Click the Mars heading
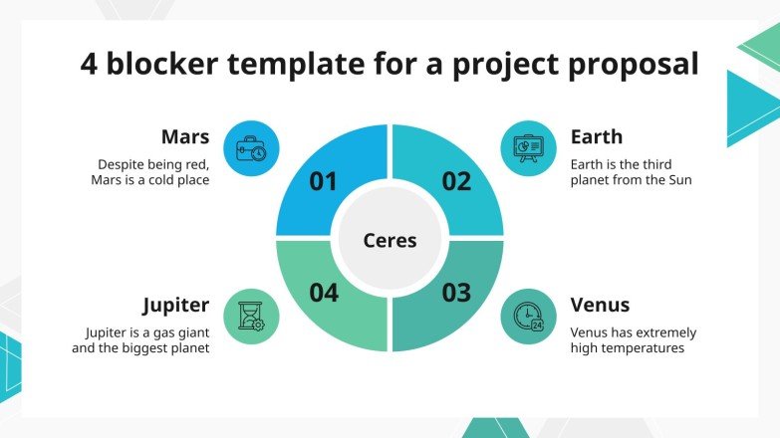185,136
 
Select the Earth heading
597,136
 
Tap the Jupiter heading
175,305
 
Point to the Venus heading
600,305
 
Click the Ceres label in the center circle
390,240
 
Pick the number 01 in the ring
324,181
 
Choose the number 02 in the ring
456,181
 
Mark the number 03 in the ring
456,293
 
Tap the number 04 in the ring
324,293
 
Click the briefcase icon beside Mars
251,149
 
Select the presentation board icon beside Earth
527,149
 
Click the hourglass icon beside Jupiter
251,317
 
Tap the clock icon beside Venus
527,317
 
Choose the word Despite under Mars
121,164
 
